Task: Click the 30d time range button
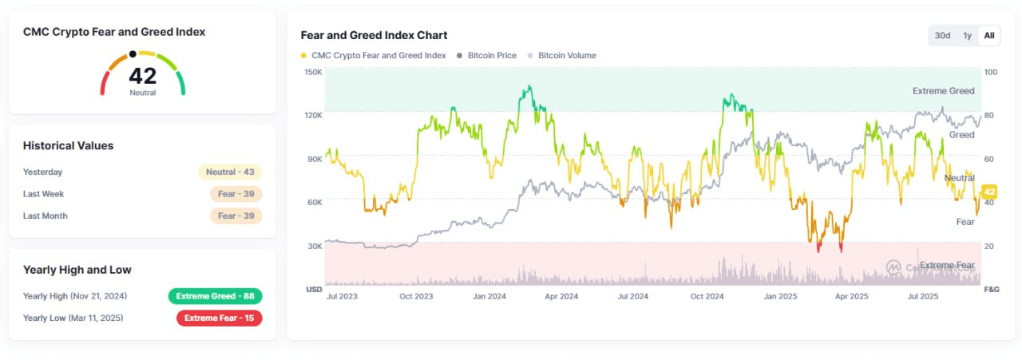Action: point(943,35)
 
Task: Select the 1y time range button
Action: point(967,35)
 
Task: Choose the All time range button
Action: point(989,35)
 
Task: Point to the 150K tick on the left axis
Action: point(314,72)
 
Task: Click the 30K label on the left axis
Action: point(314,246)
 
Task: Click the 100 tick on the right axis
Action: point(991,72)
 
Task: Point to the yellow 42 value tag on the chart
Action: point(989,192)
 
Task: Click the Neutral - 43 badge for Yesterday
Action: point(230,172)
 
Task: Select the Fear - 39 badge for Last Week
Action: point(236,194)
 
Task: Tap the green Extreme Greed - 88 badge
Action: point(215,296)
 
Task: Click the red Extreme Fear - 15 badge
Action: point(219,318)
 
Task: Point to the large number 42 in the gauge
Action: point(143,76)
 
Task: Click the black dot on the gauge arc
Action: point(133,54)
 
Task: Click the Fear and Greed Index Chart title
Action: point(374,35)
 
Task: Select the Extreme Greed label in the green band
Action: point(943,91)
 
